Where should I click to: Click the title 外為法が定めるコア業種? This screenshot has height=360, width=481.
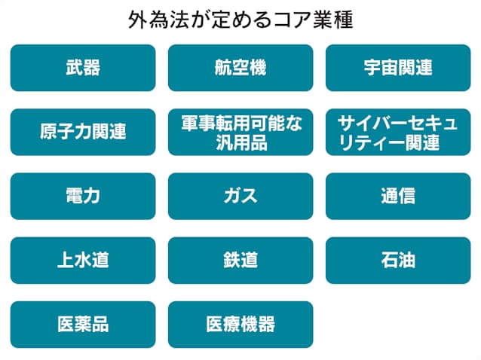point(240,20)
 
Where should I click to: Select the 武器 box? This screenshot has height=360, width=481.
point(83,68)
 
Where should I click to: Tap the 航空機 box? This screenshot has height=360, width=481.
point(240,68)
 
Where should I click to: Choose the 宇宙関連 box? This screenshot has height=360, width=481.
point(398,68)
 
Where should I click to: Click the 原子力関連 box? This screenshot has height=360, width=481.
point(83,132)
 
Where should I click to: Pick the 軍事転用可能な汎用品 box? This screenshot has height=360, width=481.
point(240,132)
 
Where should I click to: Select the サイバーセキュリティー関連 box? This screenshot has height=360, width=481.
point(398,132)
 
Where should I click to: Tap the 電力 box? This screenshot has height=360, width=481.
point(83,196)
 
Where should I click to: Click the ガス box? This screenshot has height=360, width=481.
point(240,196)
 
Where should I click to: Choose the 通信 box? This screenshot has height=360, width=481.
point(398,196)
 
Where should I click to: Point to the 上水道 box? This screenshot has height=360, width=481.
point(83,261)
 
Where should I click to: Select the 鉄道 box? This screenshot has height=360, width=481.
point(240,261)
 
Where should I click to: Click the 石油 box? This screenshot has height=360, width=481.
point(398,261)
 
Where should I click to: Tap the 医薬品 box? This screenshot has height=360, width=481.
point(83,325)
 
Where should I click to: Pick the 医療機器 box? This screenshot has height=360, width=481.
point(240,325)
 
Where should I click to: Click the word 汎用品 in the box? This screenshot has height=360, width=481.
point(241,142)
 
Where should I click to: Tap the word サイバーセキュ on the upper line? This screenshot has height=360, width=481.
point(397,123)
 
